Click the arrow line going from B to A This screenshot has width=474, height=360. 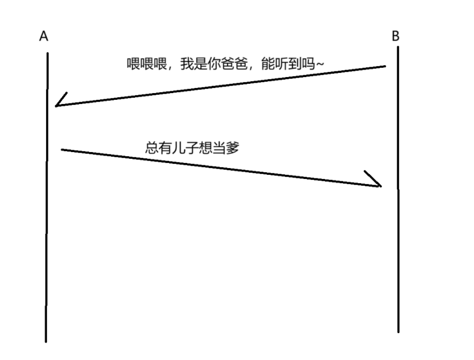(223, 86)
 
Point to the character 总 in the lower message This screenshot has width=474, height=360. (151, 147)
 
